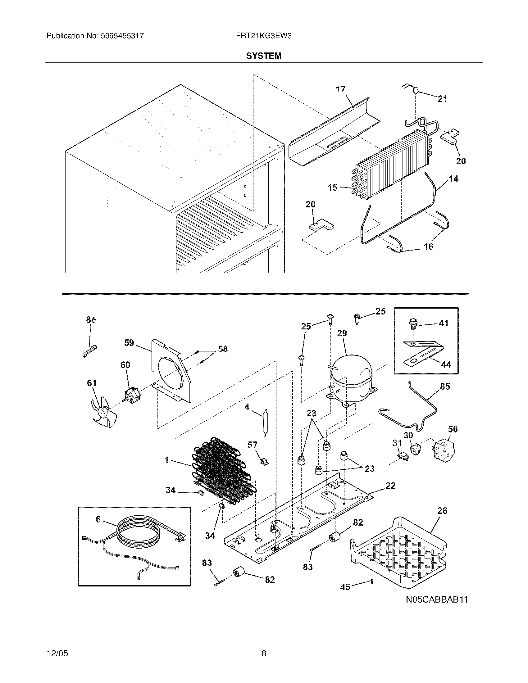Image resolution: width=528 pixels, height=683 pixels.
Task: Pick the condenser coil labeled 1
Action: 224,472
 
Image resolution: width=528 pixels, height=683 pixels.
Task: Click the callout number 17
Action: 341,89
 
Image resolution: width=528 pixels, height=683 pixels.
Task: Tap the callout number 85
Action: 445,387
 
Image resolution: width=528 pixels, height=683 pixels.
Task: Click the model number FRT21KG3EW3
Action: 264,36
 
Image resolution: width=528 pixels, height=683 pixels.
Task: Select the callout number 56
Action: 453,429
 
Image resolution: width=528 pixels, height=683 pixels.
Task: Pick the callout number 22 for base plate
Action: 390,485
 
